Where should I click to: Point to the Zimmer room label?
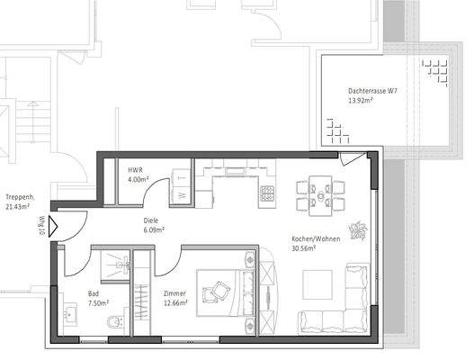click(x=174, y=293)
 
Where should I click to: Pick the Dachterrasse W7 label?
click(x=368, y=92)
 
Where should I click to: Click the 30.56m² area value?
click(x=303, y=249)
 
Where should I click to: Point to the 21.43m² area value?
click(x=17, y=207)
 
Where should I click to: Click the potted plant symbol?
click(x=360, y=230)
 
